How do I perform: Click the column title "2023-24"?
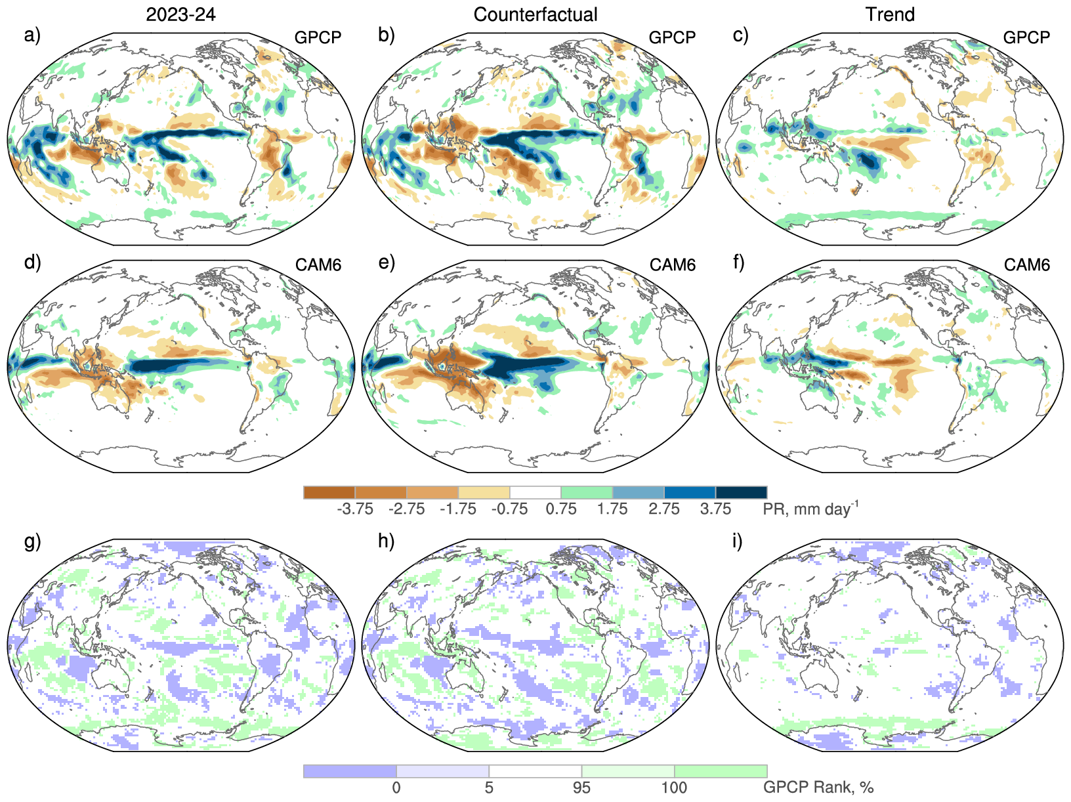pos(180,14)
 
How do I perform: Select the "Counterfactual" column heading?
pos(535,14)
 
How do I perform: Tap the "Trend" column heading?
pos(890,14)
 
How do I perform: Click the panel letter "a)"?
pos(32,35)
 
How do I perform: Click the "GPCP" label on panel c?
pos(1026,37)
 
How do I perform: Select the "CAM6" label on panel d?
pos(318,264)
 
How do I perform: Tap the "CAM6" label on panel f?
pos(1027,264)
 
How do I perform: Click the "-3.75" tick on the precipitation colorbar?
pos(355,509)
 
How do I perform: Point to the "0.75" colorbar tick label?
pos(561,509)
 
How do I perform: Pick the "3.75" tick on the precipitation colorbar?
pos(715,509)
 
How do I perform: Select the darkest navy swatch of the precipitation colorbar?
pos(741,492)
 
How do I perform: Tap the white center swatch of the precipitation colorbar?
pos(535,492)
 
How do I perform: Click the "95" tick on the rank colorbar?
pos(581,788)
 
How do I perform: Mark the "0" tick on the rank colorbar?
pos(396,788)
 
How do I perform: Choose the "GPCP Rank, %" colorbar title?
pos(818,788)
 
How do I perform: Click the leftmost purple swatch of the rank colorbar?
pos(350,771)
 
